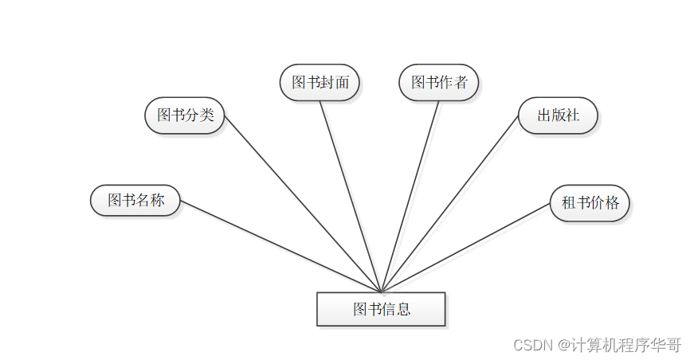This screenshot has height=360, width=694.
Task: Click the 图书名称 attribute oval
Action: point(135,200)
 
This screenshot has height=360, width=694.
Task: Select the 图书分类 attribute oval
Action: point(185,115)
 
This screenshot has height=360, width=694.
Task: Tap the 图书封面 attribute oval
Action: point(320,82)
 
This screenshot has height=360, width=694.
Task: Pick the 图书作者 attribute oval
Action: point(439,82)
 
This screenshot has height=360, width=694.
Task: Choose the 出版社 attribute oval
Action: point(558,115)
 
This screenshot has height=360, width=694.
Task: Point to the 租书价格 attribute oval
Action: point(590,202)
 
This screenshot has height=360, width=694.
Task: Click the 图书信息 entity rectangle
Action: point(381,309)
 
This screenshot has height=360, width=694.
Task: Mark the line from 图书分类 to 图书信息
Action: point(303,204)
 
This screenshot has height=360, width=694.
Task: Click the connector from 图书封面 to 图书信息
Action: point(351,196)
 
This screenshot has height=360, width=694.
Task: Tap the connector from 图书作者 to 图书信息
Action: point(410,196)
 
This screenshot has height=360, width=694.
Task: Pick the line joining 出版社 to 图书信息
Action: point(450,204)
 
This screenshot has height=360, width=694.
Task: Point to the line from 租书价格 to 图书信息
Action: point(466,247)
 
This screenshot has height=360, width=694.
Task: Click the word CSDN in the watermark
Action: point(532,345)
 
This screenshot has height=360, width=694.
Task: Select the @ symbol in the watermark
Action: point(563,345)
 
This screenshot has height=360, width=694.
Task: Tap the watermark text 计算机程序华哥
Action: point(625,345)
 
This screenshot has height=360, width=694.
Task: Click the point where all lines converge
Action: point(382,292)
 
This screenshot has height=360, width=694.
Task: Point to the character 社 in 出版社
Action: point(572,115)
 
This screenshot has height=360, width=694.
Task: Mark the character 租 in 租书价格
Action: point(569,202)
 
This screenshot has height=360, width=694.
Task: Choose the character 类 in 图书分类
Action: point(206,115)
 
